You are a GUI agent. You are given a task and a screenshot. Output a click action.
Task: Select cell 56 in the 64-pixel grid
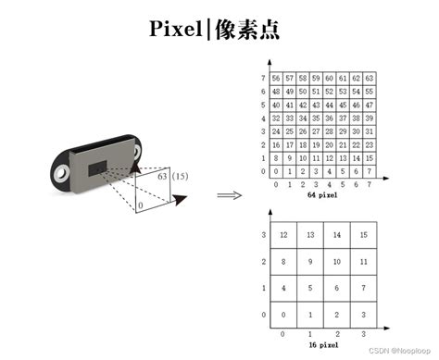(276, 79)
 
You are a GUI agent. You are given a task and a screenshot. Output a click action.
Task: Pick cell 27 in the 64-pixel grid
(315, 131)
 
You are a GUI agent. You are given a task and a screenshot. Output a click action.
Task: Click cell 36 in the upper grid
(329, 118)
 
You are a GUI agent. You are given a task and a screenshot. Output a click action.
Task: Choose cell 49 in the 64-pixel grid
(289, 92)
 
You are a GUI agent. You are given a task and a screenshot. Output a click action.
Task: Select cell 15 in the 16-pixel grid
(364, 235)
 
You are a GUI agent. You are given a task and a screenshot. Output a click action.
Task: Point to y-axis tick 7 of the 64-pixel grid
(264, 79)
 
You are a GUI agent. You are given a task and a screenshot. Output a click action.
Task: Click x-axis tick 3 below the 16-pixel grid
(364, 333)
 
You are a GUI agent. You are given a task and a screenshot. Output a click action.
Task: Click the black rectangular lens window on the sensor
(98, 167)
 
